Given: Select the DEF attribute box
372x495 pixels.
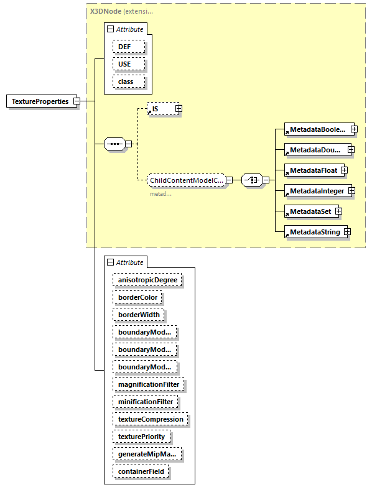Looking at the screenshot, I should tap(129, 47).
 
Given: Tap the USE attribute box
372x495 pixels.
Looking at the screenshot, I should tap(129, 64).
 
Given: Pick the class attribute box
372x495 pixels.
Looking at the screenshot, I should tap(129, 81).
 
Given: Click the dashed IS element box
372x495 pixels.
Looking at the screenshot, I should tap(160, 109).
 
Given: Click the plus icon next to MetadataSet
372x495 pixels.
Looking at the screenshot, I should tap(339, 211).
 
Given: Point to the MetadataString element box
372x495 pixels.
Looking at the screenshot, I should tap(313, 232).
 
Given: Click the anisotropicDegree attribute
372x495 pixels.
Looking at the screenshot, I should tap(147, 280).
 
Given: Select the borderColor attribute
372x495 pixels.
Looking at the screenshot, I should tap(138, 298).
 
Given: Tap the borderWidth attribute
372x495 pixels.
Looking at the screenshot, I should tap(139, 315).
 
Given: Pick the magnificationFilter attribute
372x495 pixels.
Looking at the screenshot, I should tap(149, 384).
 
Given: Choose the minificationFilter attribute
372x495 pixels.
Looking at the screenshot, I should tap(146, 402).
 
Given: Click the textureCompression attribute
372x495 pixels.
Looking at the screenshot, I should tap(151, 419).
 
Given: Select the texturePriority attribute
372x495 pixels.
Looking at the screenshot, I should tap(142, 437).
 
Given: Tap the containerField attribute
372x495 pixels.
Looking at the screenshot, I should tap(141, 472).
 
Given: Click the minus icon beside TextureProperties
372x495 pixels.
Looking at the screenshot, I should tap(77, 101).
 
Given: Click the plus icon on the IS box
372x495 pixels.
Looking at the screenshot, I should tap(179, 109).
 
